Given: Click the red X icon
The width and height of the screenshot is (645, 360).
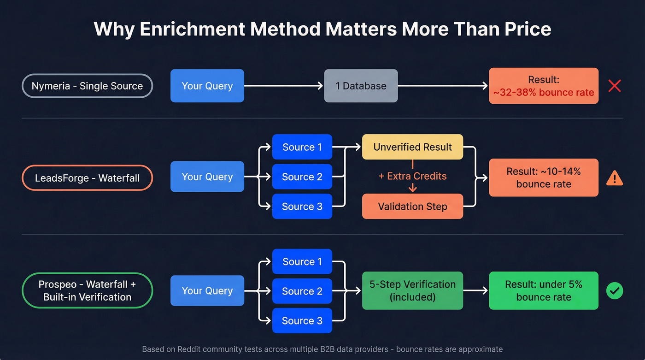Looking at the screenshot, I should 615,86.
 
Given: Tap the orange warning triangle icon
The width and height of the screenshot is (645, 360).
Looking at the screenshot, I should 615,178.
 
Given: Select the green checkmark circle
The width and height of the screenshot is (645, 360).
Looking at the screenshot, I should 615,291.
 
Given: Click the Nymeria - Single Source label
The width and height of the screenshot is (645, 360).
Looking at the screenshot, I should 87,86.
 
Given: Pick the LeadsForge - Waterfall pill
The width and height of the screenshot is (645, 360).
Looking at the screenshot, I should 87,178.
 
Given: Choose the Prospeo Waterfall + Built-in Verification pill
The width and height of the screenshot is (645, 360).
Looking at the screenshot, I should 87,290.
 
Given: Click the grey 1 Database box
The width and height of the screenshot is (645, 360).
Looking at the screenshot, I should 361,86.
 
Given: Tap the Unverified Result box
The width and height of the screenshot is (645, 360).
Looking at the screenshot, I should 412,147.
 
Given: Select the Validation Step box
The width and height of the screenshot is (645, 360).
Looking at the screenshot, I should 412,207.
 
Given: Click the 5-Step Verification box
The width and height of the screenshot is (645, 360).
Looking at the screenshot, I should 412,290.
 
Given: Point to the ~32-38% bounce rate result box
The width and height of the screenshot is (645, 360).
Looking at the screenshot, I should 544,86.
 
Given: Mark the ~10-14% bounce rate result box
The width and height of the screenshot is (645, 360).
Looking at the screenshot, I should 544,178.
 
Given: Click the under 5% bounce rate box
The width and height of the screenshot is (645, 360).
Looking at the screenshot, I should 544,290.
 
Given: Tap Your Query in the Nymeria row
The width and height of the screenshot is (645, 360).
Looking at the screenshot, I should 207,86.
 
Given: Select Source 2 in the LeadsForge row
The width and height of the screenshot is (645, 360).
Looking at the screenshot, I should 302,177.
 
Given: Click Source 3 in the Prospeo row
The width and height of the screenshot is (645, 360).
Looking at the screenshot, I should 302,321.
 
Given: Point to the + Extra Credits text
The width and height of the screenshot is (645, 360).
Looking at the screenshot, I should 412,177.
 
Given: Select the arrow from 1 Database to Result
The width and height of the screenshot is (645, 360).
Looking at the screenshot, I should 442,86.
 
